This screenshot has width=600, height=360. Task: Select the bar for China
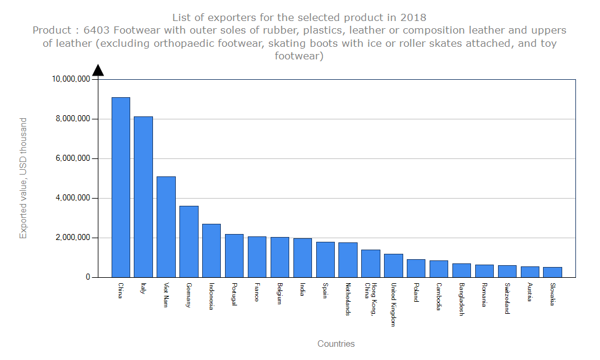[121, 187]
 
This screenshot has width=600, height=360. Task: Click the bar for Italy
[143, 197]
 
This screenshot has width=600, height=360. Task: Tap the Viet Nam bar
[166, 227]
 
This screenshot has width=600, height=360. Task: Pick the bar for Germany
[189, 241]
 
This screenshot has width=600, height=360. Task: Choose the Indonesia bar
[211, 250]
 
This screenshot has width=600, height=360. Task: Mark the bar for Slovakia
[553, 272]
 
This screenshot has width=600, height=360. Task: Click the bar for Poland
[416, 268]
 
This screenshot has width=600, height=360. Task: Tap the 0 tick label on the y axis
[88, 277]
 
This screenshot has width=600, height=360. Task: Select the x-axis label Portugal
[234, 294]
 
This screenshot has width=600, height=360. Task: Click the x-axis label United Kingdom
[393, 304]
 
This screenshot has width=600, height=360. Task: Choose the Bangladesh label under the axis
[461, 299]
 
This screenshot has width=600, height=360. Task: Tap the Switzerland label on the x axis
[507, 298]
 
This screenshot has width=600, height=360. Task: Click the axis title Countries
[336, 344]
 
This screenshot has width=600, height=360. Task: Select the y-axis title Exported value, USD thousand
[23, 178]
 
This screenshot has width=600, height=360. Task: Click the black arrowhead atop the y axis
[98, 70]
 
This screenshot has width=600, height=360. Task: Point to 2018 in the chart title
[414, 17]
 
